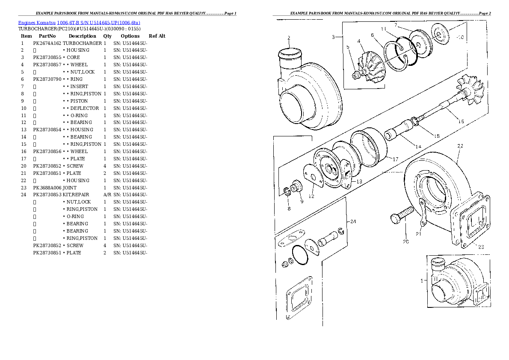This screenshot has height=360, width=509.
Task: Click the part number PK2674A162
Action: coord(47,43)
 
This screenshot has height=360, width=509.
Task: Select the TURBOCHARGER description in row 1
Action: coord(82,43)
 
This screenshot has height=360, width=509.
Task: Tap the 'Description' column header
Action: coord(82,36)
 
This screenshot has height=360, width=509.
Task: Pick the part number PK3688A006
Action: coord(47,188)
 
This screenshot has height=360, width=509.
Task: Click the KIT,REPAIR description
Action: coord(76,195)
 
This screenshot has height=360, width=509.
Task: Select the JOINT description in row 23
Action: coord(70,188)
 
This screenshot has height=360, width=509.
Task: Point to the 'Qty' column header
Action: coord(107,36)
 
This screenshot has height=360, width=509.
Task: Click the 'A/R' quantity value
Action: coord(107,195)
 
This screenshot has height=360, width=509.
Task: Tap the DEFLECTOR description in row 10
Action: coord(85,108)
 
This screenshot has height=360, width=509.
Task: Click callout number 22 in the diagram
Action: coord(460,146)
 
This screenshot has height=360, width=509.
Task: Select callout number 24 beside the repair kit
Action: coord(353,221)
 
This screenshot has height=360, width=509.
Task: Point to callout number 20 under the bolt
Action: coord(405,242)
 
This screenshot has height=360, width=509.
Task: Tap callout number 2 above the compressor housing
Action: coord(289,38)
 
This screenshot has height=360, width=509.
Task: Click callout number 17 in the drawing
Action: coord(395,159)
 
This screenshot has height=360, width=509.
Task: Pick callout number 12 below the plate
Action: coord(311,196)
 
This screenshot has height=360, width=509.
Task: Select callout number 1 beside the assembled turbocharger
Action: coord(421,280)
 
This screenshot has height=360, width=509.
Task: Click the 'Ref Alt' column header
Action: coord(157,36)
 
